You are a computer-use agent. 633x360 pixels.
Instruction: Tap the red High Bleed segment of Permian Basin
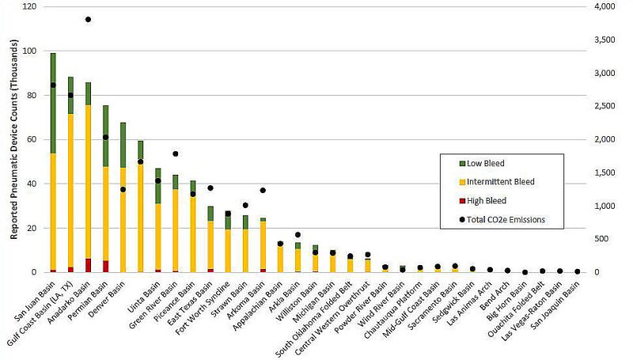click(x=105, y=267)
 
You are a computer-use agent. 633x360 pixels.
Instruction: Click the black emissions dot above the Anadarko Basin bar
click(x=88, y=19)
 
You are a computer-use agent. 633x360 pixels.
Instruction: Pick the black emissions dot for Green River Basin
click(x=175, y=153)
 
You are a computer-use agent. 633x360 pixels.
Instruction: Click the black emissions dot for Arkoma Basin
click(x=262, y=190)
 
